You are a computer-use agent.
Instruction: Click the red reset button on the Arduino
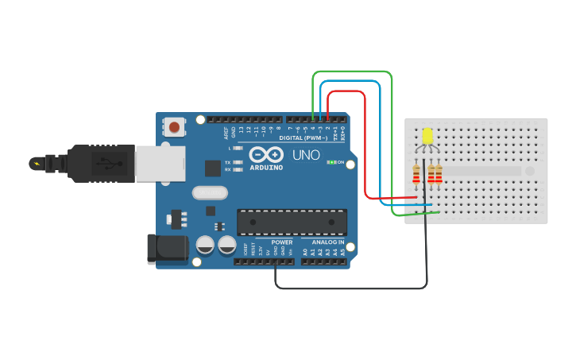click(174, 126)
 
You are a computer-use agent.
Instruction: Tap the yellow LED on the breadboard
click(427, 137)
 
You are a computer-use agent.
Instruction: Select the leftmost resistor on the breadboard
click(416, 173)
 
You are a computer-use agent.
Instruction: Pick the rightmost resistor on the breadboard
click(439, 173)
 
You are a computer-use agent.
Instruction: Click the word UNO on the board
click(306, 154)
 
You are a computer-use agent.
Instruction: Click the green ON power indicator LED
click(332, 163)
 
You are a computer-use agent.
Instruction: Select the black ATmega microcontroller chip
click(293, 223)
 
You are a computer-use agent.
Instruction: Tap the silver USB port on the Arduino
click(159, 163)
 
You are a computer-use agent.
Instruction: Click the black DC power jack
click(167, 248)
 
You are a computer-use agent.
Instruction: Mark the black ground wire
click(350, 288)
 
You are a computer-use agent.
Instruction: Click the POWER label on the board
click(281, 242)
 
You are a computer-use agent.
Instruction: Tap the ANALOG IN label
click(327, 242)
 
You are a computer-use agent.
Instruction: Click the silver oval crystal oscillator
click(210, 192)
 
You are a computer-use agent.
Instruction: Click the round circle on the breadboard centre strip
click(529, 171)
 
